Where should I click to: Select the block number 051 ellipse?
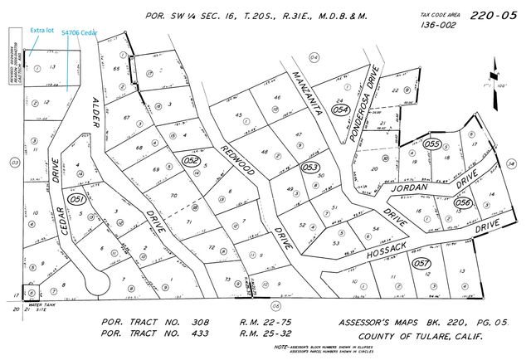pyautogui.click(x=78, y=199)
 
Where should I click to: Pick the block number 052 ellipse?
pyautogui.click(x=192, y=160)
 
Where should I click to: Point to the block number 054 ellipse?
pyautogui.click(x=339, y=109)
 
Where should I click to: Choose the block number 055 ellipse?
pyautogui.click(x=431, y=144)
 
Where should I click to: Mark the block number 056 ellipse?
pyautogui.click(x=463, y=202)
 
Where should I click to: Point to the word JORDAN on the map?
pyautogui.click(x=410, y=187)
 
